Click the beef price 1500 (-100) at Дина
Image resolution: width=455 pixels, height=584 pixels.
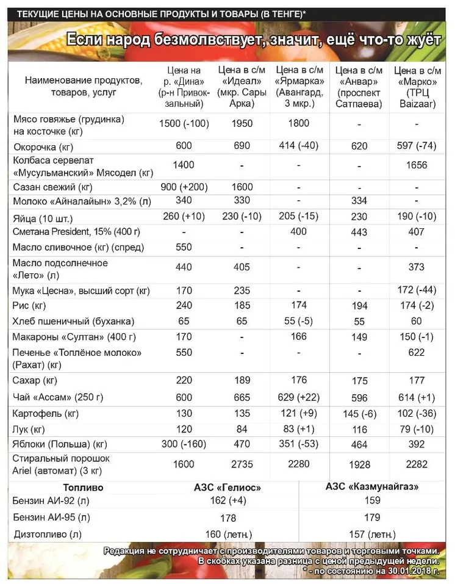coord(184,123)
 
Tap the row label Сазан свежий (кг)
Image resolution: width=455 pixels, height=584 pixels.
coord(52,187)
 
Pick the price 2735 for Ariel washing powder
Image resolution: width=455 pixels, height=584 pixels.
coord(242,464)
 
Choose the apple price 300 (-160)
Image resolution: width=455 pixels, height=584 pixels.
coord(184,444)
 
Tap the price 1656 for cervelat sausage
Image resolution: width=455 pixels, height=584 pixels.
coord(417,165)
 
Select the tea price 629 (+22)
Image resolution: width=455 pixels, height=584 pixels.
coord(299,397)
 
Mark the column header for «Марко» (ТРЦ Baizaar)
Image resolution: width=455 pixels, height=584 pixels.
coord(417,86)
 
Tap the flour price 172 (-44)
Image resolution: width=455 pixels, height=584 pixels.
coord(417,290)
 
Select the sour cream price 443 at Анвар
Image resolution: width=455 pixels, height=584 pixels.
coord(359,233)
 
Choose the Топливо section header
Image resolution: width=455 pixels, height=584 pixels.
coord(84,488)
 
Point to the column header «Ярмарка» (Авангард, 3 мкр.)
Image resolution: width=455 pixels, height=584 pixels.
coord(299,86)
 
